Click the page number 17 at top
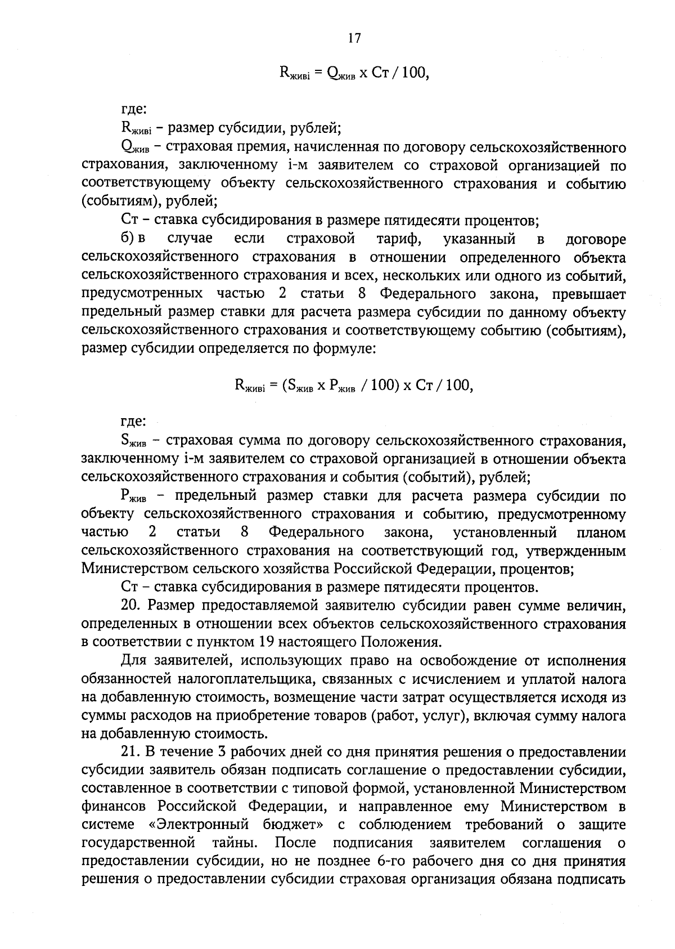354,38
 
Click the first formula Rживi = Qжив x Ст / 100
354,73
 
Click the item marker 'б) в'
133,239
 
